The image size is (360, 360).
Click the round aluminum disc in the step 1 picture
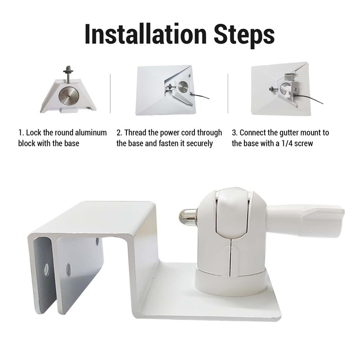pyautogui.click(x=69, y=95)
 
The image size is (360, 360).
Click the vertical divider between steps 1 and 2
pyautogui.click(x=110, y=94)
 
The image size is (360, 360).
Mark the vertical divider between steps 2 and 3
pyautogui.click(x=228, y=94)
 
